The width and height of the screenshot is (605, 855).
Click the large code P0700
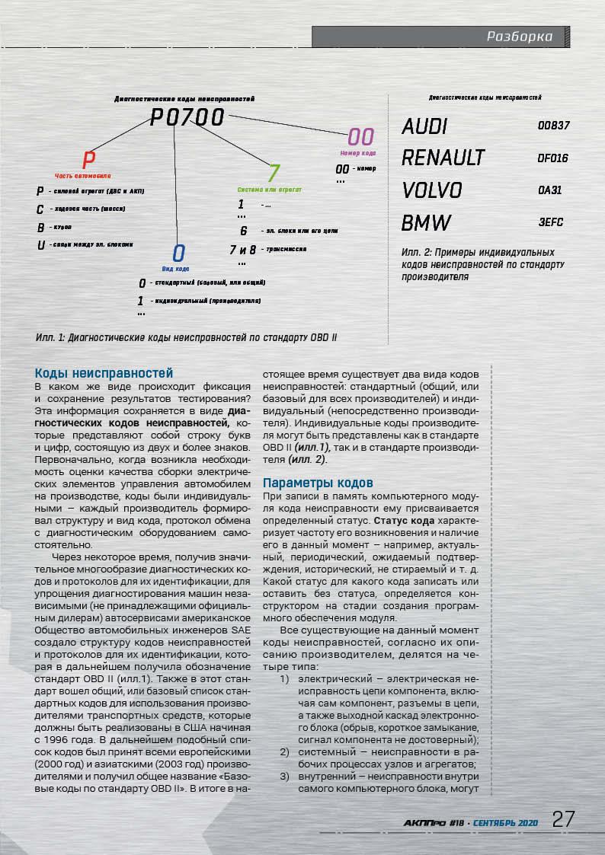pyautogui.click(x=187, y=117)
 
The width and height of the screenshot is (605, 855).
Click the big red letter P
pyautogui.click(x=88, y=160)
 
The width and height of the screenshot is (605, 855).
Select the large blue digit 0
pyautogui.click(x=178, y=254)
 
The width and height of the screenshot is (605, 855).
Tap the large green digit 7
pyautogui.click(x=274, y=174)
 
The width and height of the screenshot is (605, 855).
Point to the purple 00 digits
pyautogui.click(x=360, y=137)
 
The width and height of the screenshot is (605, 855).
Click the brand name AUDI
pyautogui.click(x=424, y=126)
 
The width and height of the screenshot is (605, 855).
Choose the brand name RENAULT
pyautogui.click(x=443, y=158)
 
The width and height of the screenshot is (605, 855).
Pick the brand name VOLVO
pyautogui.click(x=432, y=190)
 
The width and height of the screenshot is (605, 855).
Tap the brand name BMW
pyautogui.click(x=426, y=223)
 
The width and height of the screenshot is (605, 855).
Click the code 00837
pyautogui.click(x=553, y=126)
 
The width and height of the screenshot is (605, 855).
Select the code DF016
pyautogui.click(x=552, y=159)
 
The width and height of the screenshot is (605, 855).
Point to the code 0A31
pyautogui.click(x=549, y=190)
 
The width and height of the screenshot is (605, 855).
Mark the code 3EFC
pyautogui.click(x=550, y=223)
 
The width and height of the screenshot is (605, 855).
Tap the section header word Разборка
pyautogui.click(x=520, y=37)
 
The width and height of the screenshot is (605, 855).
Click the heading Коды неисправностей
pyautogui.click(x=104, y=373)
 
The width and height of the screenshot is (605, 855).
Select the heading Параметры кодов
pyautogui.click(x=318, y=483)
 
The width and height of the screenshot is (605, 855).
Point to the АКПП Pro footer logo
pyautogui.click(x=424, y=823)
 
